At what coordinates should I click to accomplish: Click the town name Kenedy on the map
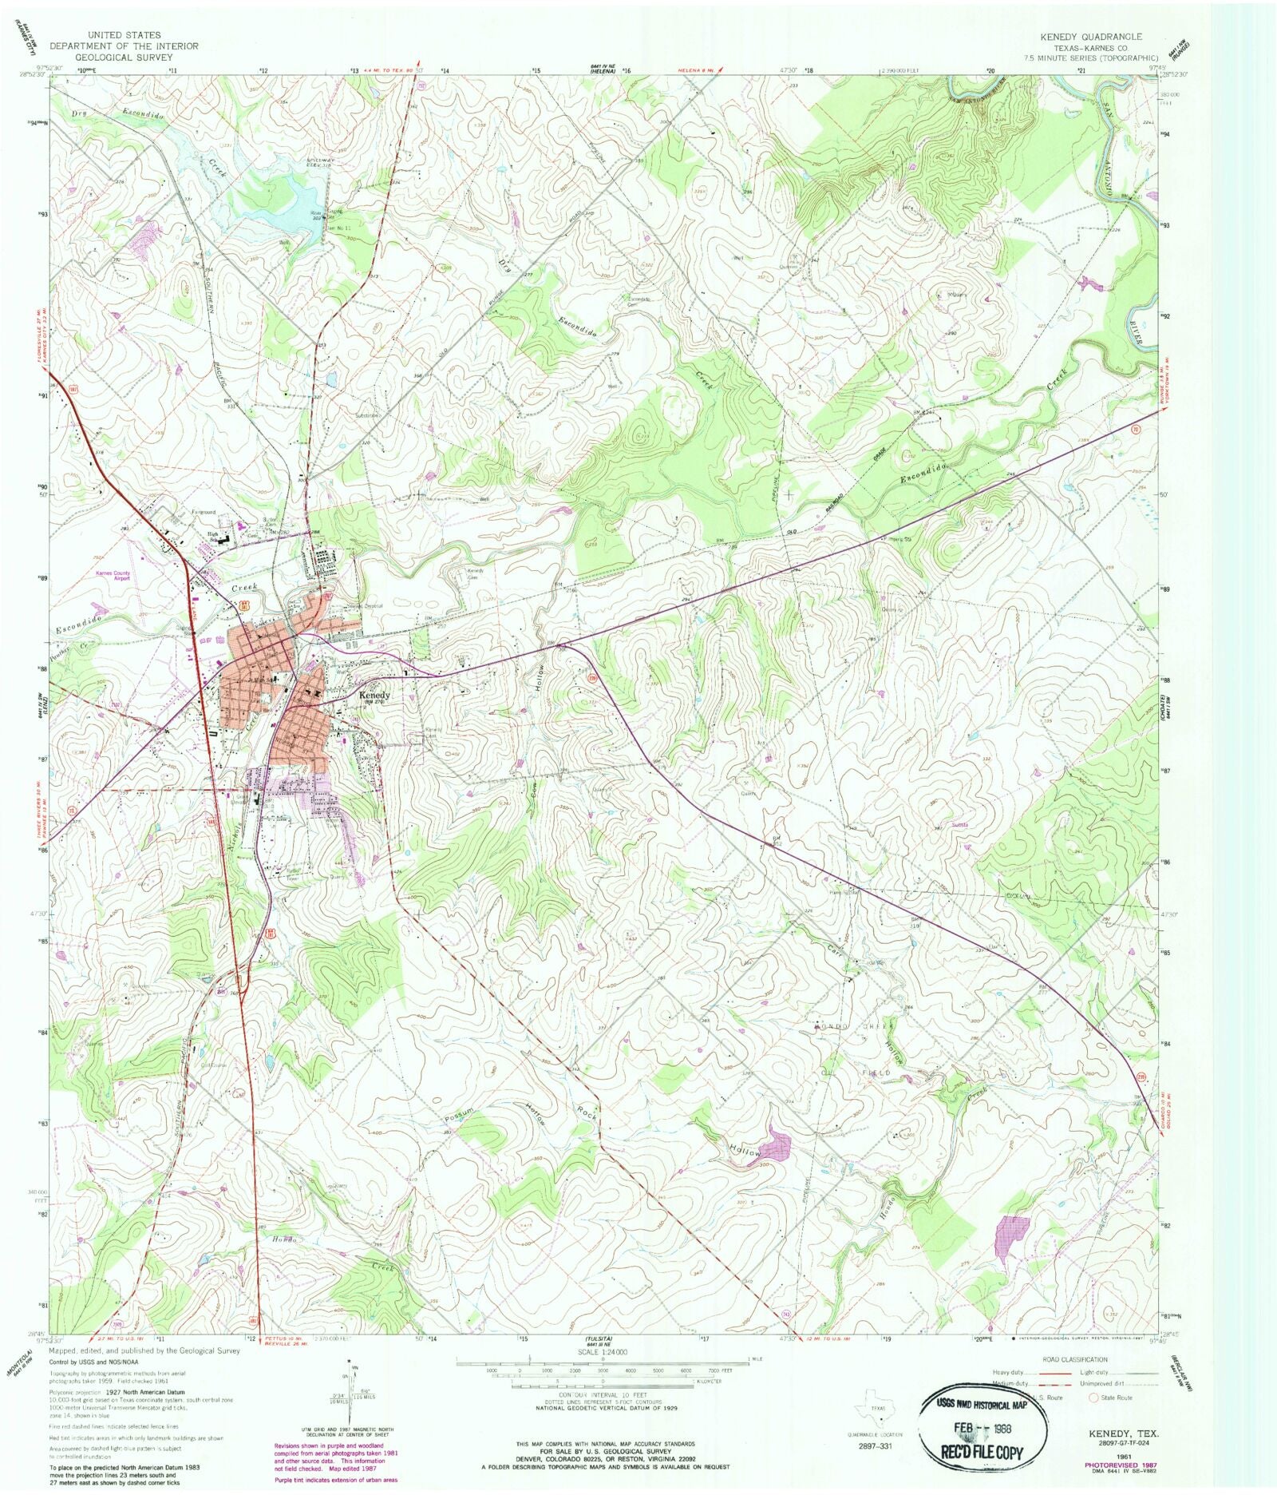click(x=374, y=695)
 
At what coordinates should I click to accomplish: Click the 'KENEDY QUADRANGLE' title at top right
click(x=1090, y=37)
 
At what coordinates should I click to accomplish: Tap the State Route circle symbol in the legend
click(x=1094, y=1398)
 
